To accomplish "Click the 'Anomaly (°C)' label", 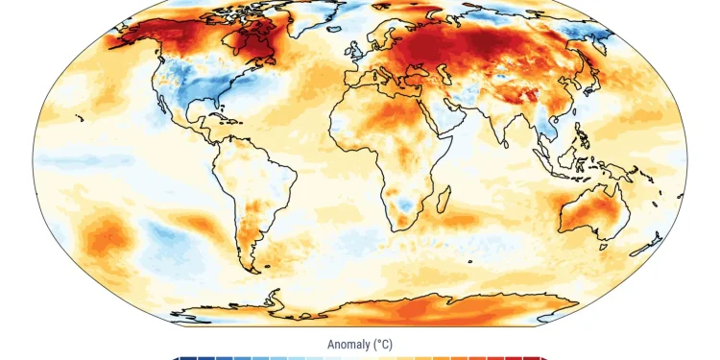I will point(360,344).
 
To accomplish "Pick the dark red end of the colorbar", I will point(544,358).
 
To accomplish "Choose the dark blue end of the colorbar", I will point(176,358).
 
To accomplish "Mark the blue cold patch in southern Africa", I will point(408,204).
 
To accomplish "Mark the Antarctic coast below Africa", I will point(403,303).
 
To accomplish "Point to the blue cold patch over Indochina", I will point(551,130).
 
